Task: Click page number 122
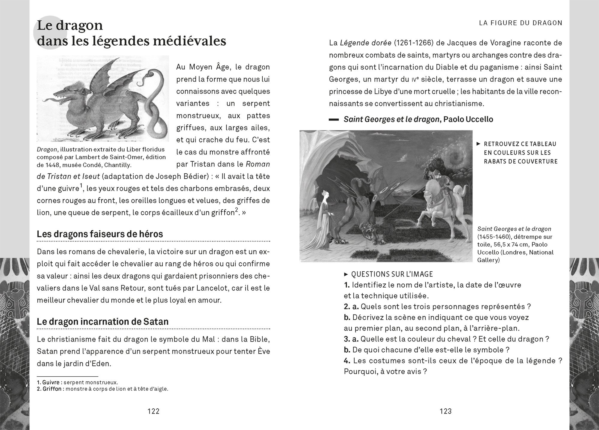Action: point(153,411)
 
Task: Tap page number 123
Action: point(445,411)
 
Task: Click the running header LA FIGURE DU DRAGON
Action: point(521,23)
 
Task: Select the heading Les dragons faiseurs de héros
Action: point(100,234)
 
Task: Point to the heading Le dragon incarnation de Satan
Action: point(102,321)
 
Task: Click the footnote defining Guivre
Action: point(77,383)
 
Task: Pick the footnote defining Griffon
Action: point(102,389)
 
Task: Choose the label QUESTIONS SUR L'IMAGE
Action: point(392,274)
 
